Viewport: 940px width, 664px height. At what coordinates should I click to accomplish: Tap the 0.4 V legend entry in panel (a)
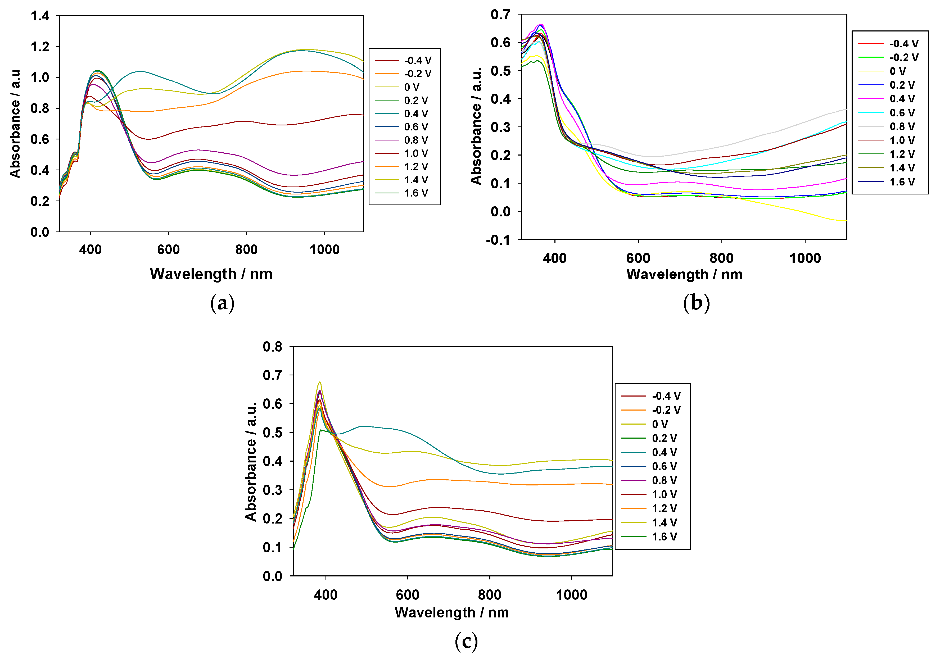coord(415,113)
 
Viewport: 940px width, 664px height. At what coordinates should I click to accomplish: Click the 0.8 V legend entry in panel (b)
coord(902,126)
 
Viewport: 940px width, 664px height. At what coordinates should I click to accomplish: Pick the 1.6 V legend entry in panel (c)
coord(664,537)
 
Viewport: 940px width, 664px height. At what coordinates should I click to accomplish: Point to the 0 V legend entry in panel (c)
coord(659,424)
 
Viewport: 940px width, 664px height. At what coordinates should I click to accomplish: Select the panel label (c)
coord(466,642)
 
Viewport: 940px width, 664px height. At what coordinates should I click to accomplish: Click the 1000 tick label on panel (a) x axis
coord(324,250)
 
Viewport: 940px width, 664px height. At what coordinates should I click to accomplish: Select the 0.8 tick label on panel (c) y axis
coord(273,347)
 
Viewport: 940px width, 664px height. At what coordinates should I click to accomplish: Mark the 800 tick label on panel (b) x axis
coord(721,258)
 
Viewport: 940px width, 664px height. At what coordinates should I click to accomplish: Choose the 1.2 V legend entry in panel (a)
coord(415,167)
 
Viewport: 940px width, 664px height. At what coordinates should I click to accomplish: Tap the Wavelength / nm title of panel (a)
coord(211,274)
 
